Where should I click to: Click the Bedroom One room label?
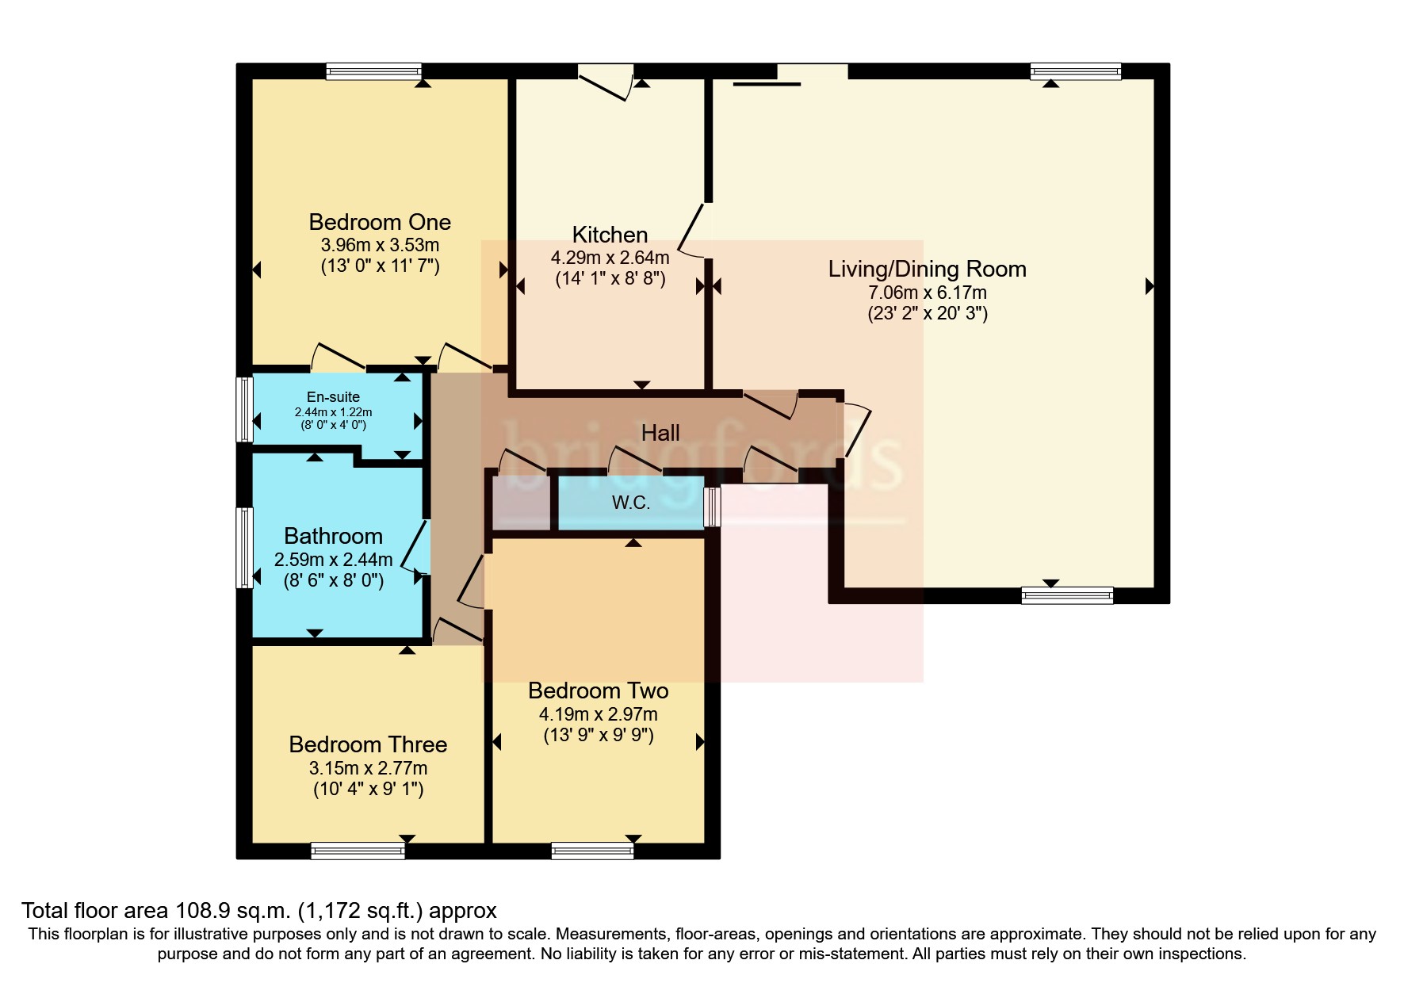[380, 222]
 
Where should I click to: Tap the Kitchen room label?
[610, 235]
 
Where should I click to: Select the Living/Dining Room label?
[928, 270]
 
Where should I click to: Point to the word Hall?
[660, 433]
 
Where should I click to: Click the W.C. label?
[631, 503]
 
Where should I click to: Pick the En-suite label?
[333, 397]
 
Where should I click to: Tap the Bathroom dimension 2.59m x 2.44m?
[334, 560]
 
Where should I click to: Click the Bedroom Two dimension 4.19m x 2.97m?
[599, 714]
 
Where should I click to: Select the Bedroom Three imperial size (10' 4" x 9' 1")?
[368, 789]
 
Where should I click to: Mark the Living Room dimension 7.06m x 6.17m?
[928, 293]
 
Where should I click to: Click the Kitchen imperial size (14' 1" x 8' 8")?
[610, 279]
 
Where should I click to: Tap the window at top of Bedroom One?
[373, 71]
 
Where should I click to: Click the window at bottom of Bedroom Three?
[358, 851]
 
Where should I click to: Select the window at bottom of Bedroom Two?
[593, 851]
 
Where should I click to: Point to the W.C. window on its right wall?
[713, 507]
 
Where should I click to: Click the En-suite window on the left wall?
[245, 409]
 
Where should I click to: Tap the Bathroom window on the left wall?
[245, 548]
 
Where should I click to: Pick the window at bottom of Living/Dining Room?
[1067, 595]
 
